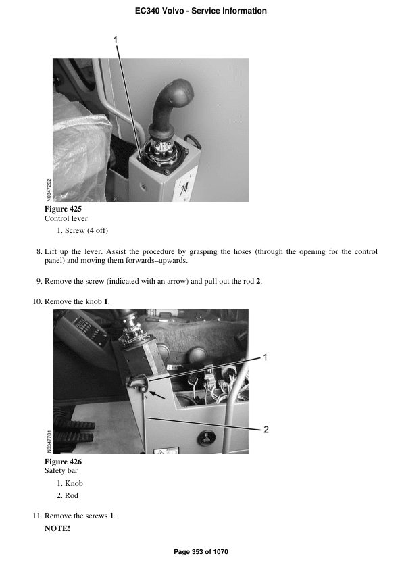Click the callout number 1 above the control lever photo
pos(116,40)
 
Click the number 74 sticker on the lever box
pos(183,190)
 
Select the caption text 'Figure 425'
pos(63,209)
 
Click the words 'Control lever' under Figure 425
pos(66,219)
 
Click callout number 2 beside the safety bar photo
pos(266,429)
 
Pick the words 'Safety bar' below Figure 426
pos(61,471)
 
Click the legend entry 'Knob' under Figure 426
pos(74,483)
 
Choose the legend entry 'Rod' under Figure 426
pos(72,496)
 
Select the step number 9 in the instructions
pos(39,281)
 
